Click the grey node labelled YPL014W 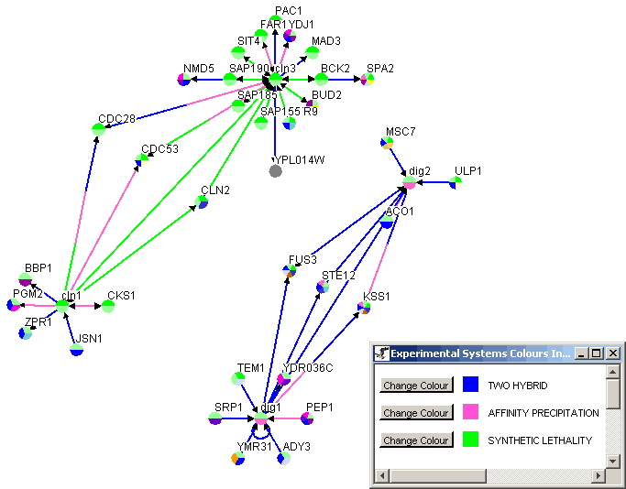pyautogui.click(x=275, y=171)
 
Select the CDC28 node pyautogui.click(x=99, y=129)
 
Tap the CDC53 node pyautogui.click(x=141, y=160)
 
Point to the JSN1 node pyautogui.click(x=77, y=348)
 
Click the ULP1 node pyautogui.click(x=456, y=182)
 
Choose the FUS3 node pyautogui.click(x=290, y=270)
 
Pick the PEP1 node pyautogui.click(x=307, y=418)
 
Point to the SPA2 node pyautogui.click(x=368, y=80)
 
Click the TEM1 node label pyautogui.click(x=250, y=368)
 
